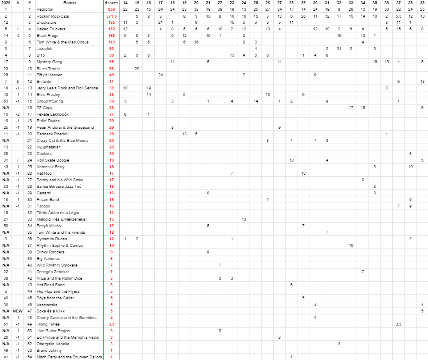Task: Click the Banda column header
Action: click(x=70, y=3)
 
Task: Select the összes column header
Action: click(x=111, y=3)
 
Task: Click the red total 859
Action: click(x=112, y=9)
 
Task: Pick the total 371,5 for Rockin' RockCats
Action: click(x=111, y=16)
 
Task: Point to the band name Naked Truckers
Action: click(x=51, y=29)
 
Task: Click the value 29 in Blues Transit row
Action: click(x=137, y=68)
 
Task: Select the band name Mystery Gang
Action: click(x=49, y=62)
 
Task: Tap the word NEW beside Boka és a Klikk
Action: click(x=18, y=311)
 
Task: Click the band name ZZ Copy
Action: click(x=44, y=107)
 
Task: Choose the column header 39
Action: click(x=422, y=3)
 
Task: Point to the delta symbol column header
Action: click(x=18, y=3)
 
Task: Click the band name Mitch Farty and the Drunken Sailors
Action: click(x=69, y=357)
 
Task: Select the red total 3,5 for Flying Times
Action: click(x=111, y=324)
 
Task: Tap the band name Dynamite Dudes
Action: click(x=52, y=239)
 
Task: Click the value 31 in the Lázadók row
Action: click(x=339, y=49)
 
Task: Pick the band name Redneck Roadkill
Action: click(x=53, y=134)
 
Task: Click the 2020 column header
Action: click(x=6, y=3)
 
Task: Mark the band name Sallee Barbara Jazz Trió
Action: click(x=59, y=187)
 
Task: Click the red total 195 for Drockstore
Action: click(x=112, y=22)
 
